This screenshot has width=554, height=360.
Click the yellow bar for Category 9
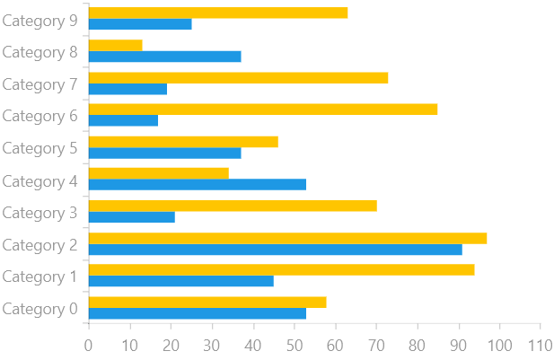218,13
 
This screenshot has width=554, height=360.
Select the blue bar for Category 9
140,24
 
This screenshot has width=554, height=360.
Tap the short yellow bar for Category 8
116,45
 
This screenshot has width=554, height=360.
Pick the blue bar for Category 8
164,57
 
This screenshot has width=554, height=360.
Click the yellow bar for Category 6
263,110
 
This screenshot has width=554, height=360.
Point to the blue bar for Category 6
123,120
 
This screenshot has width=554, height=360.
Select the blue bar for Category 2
276,250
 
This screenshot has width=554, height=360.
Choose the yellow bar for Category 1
281,270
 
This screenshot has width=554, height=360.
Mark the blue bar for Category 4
198,185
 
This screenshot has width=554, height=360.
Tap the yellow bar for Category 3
233,206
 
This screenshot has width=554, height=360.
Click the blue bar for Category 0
198,313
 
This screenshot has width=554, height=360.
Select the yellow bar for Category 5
183,142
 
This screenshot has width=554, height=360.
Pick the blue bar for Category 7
128,89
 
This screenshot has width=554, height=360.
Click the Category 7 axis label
40,83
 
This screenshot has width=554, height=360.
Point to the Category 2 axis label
40,244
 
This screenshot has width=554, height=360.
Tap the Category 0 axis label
40,309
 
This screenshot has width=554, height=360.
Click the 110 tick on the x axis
540,345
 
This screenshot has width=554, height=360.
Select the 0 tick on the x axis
88,345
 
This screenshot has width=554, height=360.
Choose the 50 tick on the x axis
294,345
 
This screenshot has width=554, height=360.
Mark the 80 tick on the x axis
417,345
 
